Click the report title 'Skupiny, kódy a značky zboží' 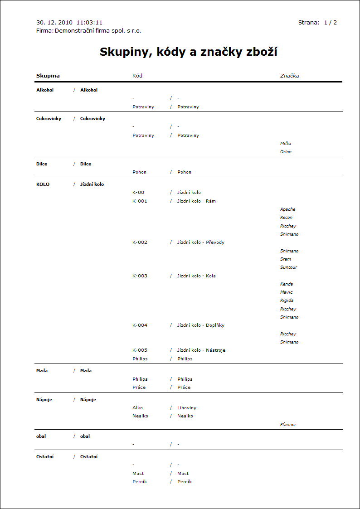[188, 52]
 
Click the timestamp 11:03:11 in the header [89, 22]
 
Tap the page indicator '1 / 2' [330, 22]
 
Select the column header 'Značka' [289, 76]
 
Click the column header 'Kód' [137, 76]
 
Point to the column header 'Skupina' [48, 76]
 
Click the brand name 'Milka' [286, 144]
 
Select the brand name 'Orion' [286, 152]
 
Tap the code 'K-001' [140, 201]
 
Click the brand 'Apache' [287, 209]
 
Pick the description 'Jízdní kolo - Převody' [200, 242]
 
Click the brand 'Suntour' [288, 267]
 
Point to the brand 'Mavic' [286, 292]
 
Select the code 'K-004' [140, 325]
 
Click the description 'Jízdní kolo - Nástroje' [201, 350]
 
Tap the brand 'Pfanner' [288, 425]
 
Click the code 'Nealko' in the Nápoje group [140, 416]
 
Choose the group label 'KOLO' [43, 184]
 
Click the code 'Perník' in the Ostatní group [140, 482]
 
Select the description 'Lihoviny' [186, 408]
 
